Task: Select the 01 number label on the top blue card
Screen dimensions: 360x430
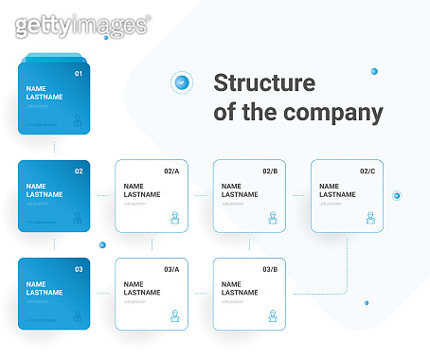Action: [79, 74]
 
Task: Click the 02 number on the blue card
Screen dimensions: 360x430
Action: [79, 171]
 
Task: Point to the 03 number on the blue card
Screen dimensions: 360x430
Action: [79, 270]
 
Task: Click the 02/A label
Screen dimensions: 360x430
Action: [171, 171]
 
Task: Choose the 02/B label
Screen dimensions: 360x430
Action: [269, 171]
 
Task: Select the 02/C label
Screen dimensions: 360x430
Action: [367, 171]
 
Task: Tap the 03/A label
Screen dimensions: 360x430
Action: [171, 270]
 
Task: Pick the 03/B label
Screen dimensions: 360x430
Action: [269, 270]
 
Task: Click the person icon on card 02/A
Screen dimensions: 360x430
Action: [174, 218]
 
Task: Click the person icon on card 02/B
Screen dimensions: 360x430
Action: [272, 218]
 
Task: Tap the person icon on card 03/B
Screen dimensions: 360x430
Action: [272, 316]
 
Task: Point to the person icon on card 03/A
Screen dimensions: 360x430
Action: [174, 316]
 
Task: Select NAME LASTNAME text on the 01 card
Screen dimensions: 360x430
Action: [45, 93]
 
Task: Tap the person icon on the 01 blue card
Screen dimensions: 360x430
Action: [77, 121]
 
